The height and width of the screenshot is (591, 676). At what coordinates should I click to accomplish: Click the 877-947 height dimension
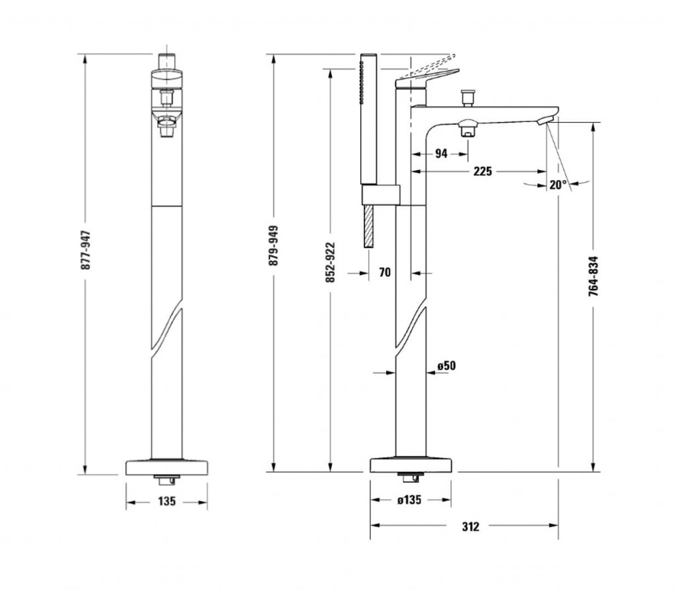point(86,250)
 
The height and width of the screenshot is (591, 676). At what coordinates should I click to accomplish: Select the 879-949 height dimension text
point(274,245)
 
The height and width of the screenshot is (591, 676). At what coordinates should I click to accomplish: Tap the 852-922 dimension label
point(330,263)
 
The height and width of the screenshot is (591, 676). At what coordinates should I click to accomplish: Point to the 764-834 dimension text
point(593,276)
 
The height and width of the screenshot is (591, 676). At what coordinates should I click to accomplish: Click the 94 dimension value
point(441,153)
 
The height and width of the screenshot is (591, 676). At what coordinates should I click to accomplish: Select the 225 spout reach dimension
point(483,171)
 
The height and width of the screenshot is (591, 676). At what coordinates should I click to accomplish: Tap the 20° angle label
point(558,185)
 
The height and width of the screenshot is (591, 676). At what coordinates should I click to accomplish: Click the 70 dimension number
point(385,272)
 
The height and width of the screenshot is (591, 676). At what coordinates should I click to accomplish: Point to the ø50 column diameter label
point(446,365)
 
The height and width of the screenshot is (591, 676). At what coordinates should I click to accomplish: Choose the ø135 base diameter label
point(409,500)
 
